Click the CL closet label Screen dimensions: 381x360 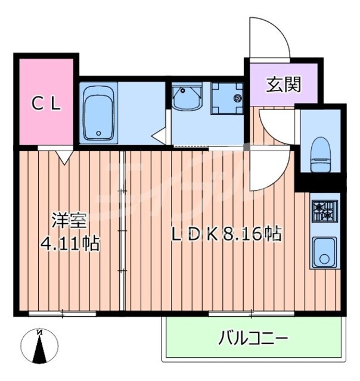[x=46, y=105]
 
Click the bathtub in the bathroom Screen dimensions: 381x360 [x=98, y=113]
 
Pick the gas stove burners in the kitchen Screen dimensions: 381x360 [x=324, y=210]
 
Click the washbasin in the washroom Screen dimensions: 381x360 [x=188, y=98]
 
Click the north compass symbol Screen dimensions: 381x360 [x=39, y=345]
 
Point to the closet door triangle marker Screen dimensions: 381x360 [x=63, y=155]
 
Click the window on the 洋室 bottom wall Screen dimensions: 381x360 [x=63, y=312]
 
